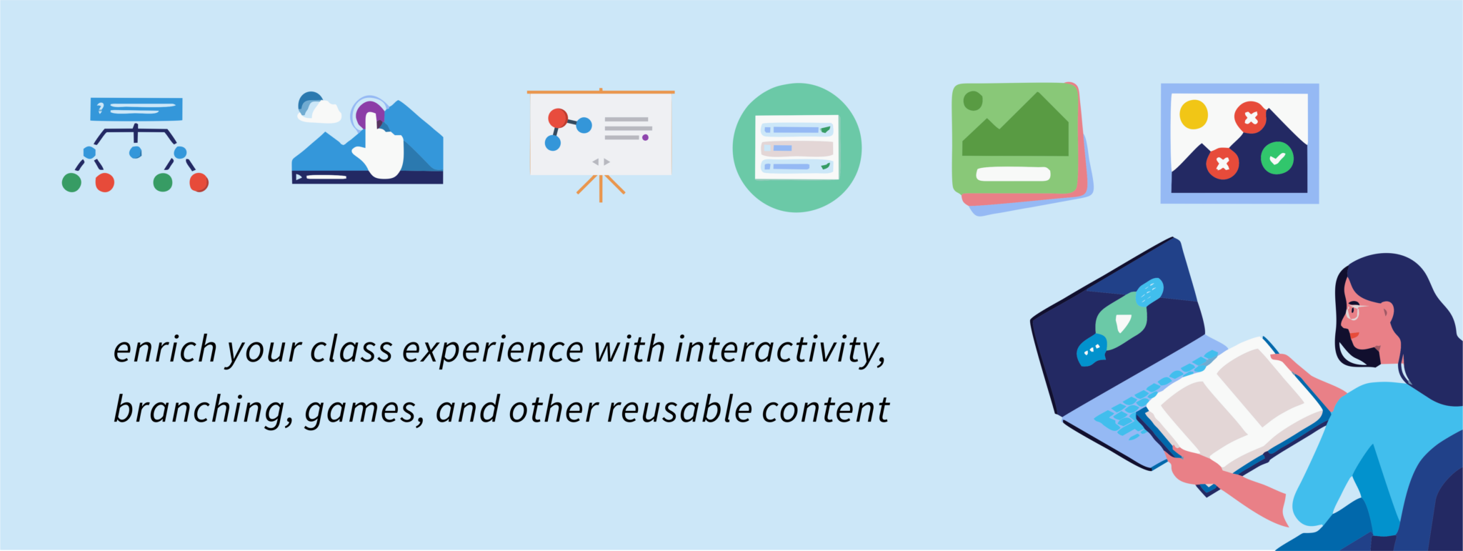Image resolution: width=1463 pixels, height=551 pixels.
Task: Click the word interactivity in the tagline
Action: (780, 351)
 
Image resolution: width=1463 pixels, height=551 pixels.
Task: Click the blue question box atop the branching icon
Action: (136, 109)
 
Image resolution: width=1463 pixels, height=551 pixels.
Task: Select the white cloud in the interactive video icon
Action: (319, 111)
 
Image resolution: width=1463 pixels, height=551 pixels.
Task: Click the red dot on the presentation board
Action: (558, 118)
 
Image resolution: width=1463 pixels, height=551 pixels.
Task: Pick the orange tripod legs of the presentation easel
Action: (601, 187)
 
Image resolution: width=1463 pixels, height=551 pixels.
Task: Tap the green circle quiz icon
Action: (797, 147)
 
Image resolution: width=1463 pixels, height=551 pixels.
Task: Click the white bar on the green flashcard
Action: (1013, 174)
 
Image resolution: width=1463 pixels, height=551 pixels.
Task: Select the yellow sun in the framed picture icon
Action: (1193, 114)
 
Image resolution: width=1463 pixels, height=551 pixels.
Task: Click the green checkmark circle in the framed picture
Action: (1277, 158)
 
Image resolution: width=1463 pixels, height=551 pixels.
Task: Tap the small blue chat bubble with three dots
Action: (1091, 350)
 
